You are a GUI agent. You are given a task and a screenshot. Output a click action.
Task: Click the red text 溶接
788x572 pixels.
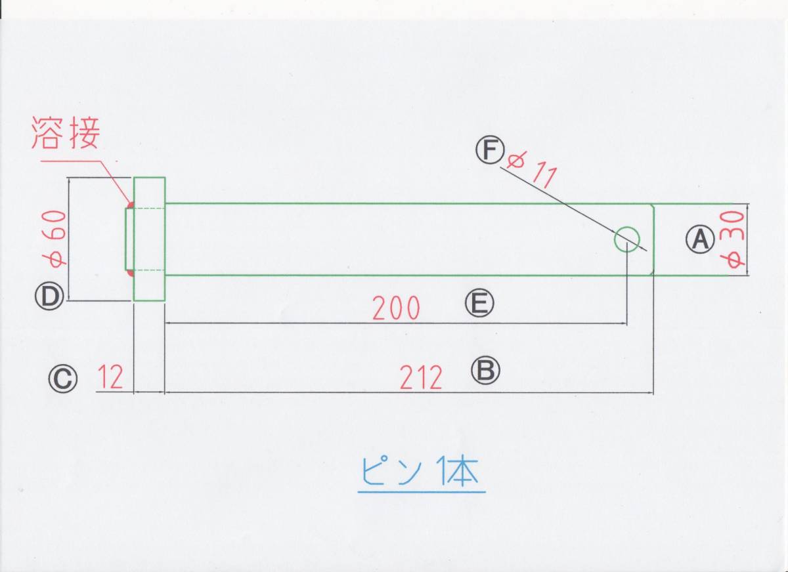point(65,134)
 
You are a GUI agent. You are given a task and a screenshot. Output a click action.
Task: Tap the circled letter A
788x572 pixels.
point(700,239)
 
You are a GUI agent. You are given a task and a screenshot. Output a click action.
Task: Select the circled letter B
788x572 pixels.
point(485,371)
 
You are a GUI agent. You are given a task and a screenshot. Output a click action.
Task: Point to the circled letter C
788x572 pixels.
point(62,378)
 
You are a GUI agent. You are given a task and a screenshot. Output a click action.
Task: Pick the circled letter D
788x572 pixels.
point(49,296)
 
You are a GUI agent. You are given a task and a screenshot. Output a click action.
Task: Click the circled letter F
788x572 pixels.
point(489,151)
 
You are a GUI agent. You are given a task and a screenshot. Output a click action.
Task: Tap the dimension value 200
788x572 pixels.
point(396,308)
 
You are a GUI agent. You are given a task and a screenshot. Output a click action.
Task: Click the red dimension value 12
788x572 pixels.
point(113,378)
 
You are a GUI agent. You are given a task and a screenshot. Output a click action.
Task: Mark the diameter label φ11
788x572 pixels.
point(533,168)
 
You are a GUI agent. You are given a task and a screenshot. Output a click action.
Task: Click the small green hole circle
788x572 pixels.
point(626,239)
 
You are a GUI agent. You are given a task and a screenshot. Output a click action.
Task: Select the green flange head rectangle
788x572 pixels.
point(149,239)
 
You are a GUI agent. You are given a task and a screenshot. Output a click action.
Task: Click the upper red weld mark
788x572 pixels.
point(130,205)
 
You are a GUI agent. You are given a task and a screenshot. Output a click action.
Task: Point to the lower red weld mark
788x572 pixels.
point(130,272)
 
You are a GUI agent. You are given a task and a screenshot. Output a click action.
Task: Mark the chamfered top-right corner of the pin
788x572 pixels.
point(653,207)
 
